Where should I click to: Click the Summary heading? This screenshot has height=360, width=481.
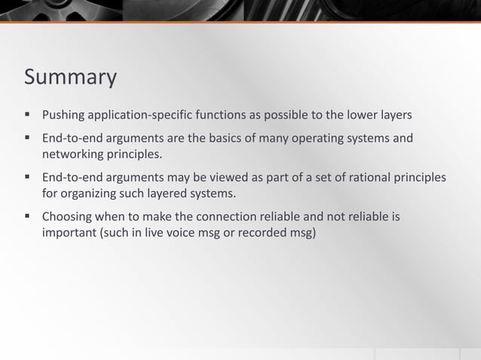(70, 77)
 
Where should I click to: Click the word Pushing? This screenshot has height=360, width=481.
(63, 115)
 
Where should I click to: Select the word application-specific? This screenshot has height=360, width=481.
(139, 115)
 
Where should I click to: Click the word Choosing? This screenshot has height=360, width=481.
(66, 217)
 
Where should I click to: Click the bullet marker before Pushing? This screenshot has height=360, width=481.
(27, 115)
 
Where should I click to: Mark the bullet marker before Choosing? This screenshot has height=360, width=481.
(27, 217)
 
